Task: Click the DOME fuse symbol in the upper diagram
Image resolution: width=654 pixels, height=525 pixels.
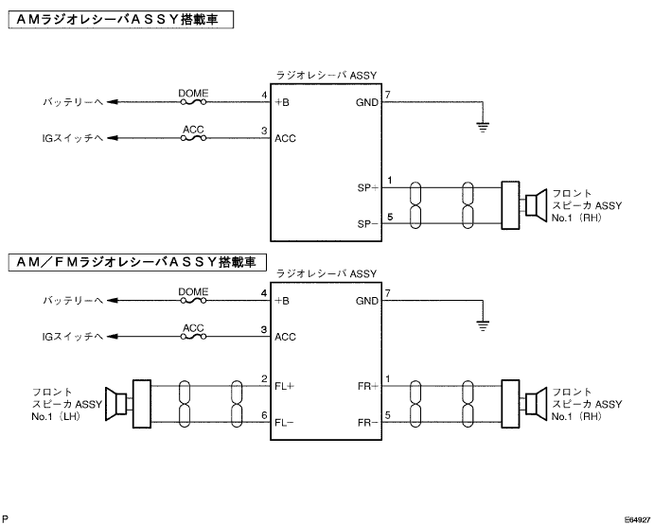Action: [193, 102]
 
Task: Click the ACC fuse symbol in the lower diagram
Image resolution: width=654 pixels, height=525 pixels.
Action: [193, 337]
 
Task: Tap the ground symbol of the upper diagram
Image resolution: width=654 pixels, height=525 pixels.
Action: [483, 127]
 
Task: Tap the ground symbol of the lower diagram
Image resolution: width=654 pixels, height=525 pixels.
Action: [483, 325]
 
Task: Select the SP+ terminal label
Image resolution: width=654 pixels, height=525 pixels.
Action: [367, 188]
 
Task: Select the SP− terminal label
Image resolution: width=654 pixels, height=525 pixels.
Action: [367, 224]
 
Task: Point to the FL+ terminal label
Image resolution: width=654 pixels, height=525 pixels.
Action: [284, 387]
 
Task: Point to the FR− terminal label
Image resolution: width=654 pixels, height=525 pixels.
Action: [367, 423]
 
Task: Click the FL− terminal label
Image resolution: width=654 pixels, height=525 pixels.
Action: [284, 423]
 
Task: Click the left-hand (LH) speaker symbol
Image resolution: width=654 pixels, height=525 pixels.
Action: [115, 404]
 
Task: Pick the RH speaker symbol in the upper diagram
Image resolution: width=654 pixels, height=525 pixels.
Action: [536, 205]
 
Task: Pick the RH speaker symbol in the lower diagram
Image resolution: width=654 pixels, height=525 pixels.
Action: [536, 404]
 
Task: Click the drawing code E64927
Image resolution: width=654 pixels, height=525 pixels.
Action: [637, 519]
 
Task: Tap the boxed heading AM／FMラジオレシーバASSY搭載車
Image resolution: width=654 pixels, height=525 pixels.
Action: [137, 262]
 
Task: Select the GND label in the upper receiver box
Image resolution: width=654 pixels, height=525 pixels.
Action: [367, 102]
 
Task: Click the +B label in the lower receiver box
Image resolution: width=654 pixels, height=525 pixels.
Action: [282, 301]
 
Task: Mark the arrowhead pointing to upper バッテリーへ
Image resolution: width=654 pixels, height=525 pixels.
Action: [112, 102]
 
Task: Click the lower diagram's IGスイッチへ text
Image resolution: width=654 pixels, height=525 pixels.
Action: [73, 337]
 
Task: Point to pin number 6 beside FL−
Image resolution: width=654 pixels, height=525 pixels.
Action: [264, 415]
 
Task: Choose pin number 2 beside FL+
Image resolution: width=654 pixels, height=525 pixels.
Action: [264, 379]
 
